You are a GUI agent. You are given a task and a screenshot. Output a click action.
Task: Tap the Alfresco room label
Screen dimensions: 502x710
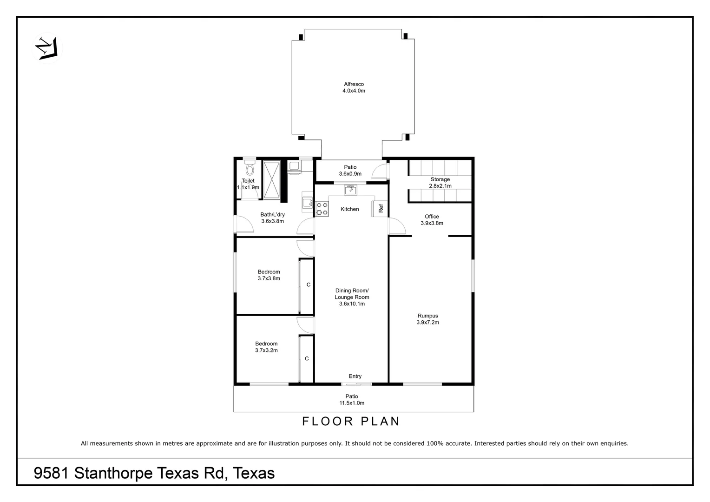[x=354, y=87]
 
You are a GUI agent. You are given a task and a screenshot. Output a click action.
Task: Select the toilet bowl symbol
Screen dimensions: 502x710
[x=250, y=168]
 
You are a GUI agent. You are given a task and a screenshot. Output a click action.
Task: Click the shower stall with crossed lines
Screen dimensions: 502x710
[x=272, y=181]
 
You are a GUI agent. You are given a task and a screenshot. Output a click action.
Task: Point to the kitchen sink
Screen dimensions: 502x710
[x=350, y=189]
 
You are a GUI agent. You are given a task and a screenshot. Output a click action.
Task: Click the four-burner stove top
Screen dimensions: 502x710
[x=322, y=209]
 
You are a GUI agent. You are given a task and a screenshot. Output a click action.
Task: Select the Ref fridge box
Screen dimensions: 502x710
[x=380, y=209]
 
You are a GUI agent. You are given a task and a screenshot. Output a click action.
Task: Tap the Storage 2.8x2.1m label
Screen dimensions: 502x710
[x=440, y=183]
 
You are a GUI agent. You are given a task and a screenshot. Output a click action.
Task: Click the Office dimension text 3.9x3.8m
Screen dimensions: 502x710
[x=432, y=223]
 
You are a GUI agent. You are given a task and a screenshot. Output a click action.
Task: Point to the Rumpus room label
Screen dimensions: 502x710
[x=427, y=319]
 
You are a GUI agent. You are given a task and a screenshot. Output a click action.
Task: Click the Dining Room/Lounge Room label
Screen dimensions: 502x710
[x=352, y=297]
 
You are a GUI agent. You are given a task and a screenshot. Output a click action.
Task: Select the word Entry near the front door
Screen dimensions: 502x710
[x=355, y=376]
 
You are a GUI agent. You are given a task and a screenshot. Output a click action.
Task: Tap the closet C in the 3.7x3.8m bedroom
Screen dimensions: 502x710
[x=308, y=285]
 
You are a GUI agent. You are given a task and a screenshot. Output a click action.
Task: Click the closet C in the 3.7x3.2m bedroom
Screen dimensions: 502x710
[x=307, y=359]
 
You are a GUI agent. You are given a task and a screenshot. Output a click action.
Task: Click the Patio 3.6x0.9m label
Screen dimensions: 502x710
[x=350, y=171]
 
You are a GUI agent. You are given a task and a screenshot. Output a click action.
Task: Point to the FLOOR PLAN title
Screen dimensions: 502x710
[x=351, y=422]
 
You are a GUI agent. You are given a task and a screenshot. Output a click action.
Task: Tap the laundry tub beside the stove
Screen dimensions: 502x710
[x=307, y=203]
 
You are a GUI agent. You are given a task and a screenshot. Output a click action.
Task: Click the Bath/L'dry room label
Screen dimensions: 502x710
[x=272, y=218]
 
